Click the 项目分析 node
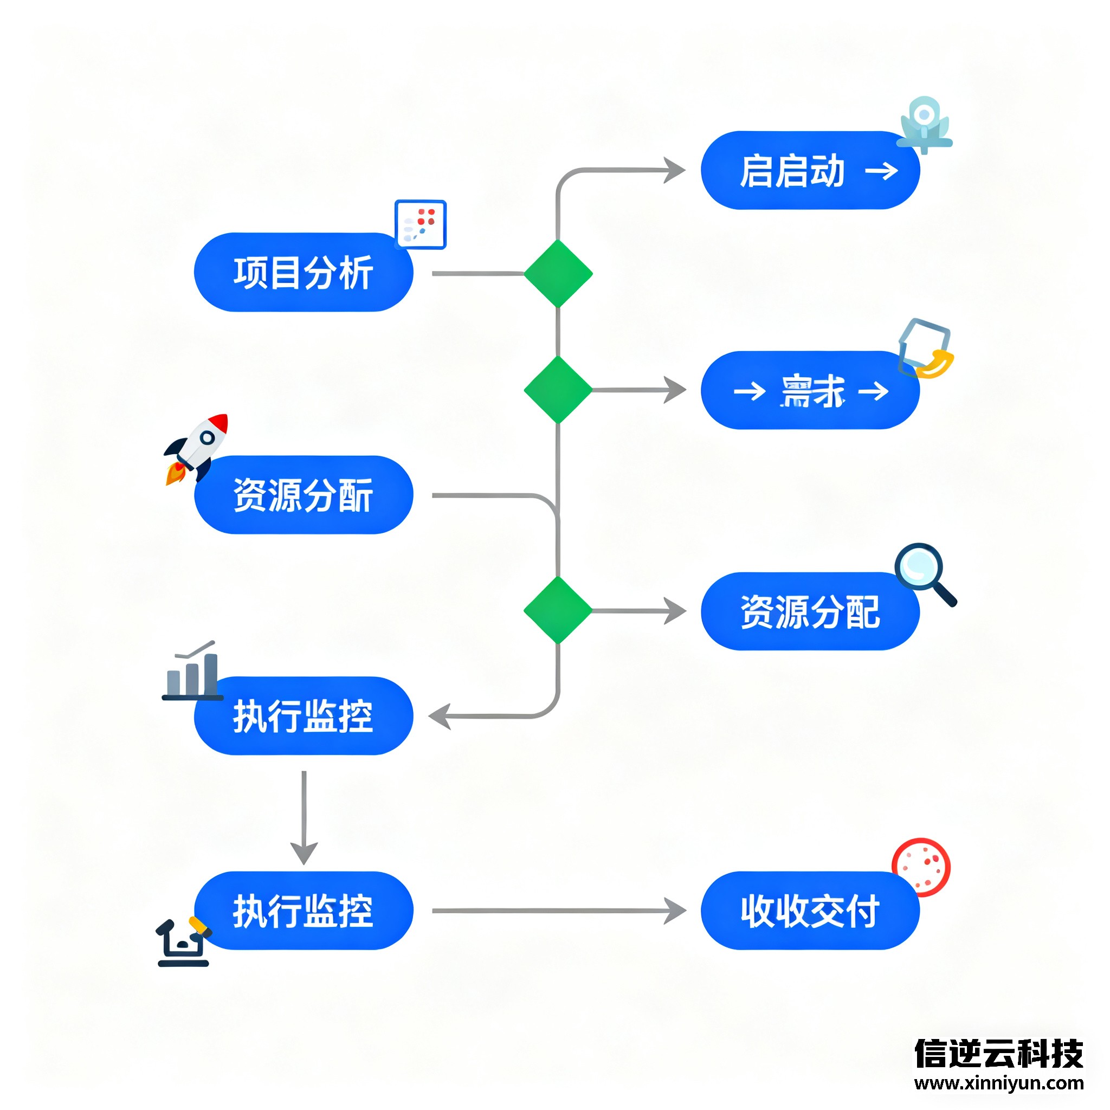pos(304,272)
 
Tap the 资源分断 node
pos(304,495)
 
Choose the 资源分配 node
pos(810,611)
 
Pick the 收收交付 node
pos(810,911)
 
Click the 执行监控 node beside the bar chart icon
pos(304,716)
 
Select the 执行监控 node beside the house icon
pos(304,911)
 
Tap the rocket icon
pos(197,448)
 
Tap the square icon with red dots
pos(421,224)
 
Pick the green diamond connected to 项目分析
pos(558,274)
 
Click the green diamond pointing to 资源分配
pos(558,611)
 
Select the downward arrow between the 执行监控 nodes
pos(304,816)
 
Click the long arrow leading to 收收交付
pos(557,911)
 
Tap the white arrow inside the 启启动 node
pos(881,171)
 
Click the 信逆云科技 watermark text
pos(998,1053)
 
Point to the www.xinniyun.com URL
pos(998,1083)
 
